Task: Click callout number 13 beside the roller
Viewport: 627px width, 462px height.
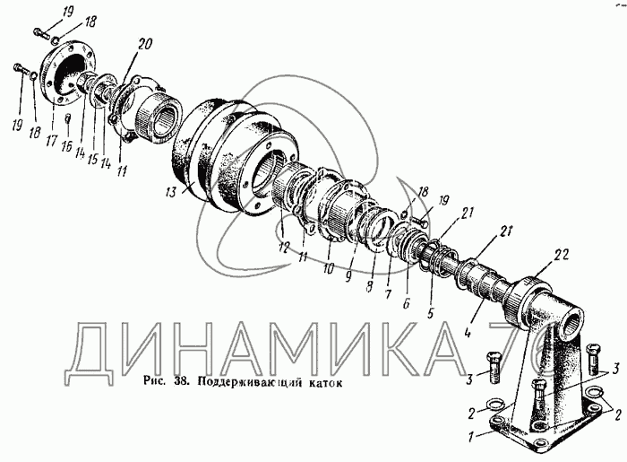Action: pyautogui.click(x=171, y=192)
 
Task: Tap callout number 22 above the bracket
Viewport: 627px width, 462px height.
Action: pyautogui.click(x=560, y=256)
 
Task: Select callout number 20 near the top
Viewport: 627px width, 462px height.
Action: pyautogui.click(x=144, y=45)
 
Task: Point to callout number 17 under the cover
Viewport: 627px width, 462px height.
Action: pyautogui.click(x=52, y=142)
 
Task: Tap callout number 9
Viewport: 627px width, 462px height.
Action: pyautogui.click(x=348, y=275)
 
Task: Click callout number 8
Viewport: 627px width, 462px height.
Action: pyautogui.click(x=369, y=286)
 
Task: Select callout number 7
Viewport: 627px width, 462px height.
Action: pyautogui.click(x=388, y=294)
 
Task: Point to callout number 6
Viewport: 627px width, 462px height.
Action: pyautogui.click(x=407, y=304)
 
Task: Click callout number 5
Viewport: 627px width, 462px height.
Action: pyautogui.click(x=429, y=313)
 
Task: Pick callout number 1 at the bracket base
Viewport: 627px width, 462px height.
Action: pyautogui.click(x=472, y=436)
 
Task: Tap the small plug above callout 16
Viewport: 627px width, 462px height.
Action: pyautogui.click(x=68, y=118)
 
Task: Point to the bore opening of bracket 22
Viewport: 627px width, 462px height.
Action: pyautogui.click(x=574, y=322)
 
